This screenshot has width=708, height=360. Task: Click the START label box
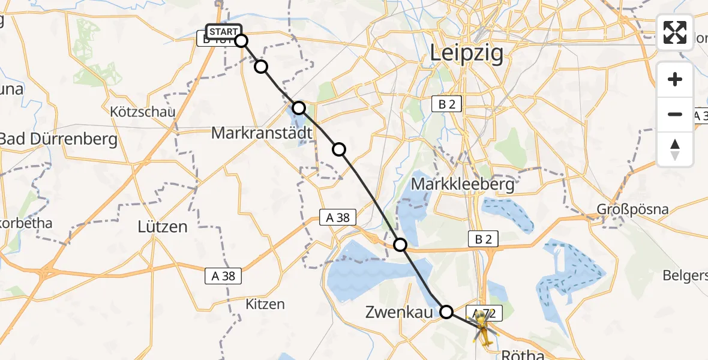pos(223,31)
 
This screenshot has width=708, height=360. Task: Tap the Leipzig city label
pos(466,54)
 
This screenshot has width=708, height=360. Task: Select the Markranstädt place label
pos(262,133)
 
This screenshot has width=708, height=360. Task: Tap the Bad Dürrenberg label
pos(58,139)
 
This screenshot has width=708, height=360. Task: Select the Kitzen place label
pos(265,304)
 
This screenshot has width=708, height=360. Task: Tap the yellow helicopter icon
pos(484,329)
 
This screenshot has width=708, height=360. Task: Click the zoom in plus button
pos(675,79)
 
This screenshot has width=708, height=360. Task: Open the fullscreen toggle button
pos(675,32)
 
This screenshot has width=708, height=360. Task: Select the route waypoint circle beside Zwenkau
pos(446,311)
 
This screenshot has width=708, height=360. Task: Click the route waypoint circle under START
pos(241,41)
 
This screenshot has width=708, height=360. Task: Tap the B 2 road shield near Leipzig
pos(447,104)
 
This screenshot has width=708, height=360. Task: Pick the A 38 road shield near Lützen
pos(224,275)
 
